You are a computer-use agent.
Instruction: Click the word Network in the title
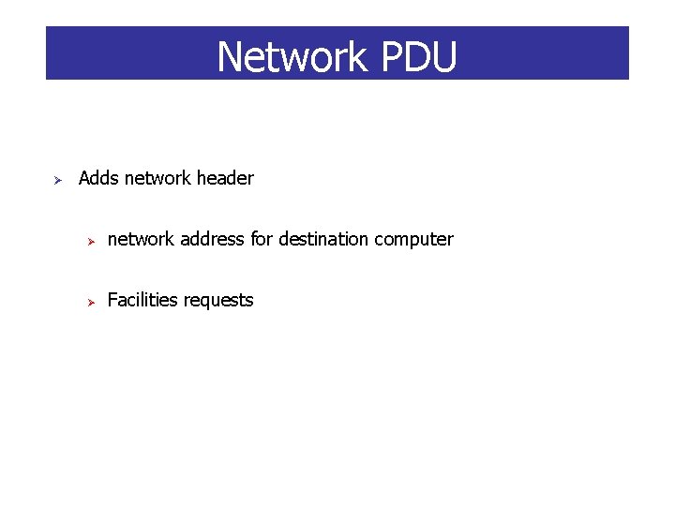(x=292, y=57)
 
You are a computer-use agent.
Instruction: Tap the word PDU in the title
(x=419, y=57)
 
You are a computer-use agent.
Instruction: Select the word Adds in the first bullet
(x=98, y=178)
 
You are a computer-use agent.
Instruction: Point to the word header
(x=222, y=178)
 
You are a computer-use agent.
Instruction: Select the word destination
(x=323, y=239)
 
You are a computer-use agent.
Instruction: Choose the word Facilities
(x=142, y=300)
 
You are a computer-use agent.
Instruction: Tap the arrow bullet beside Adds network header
(x=56, y=179)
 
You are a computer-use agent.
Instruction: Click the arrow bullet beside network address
(x=93, y=241)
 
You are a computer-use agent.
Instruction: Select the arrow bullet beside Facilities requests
(x=93, y=302)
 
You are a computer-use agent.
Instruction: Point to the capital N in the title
(x=231, y=57)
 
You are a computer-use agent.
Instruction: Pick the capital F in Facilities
(x=112, y=300)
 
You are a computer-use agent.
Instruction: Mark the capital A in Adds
(x=84, y=178)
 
